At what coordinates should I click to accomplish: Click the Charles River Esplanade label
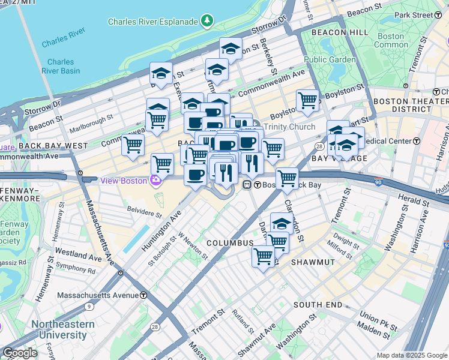[x=152, y=22]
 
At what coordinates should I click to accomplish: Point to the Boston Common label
[x=390, y=40]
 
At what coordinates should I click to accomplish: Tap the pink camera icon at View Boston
[x=156, y=181]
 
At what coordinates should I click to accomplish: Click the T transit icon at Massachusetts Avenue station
[x=143, y=296]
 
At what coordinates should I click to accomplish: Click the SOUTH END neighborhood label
[x=318, y=305]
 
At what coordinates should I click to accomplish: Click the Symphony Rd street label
[x=74, y=270]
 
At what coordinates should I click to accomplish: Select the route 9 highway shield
[x=89, y=307]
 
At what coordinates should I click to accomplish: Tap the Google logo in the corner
[x=19, y=353]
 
